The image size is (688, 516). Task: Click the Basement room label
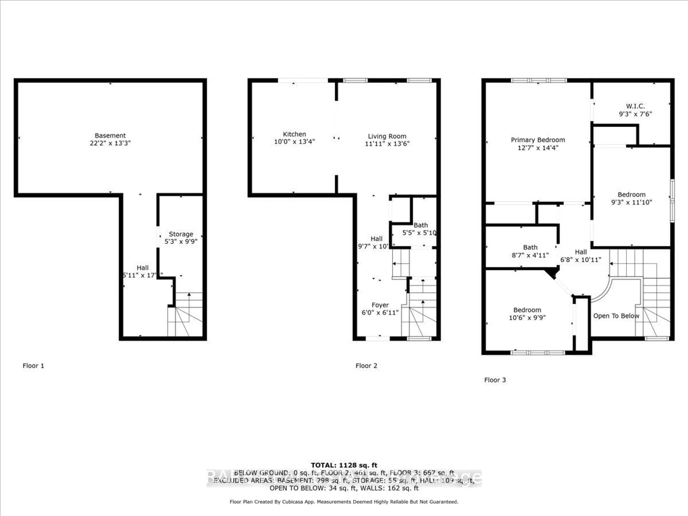pyautogui.click(x=110, y=136)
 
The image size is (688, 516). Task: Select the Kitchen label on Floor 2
pyautogui.click(x=294, y=134)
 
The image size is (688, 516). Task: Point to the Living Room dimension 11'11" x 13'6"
pyautogui.click(x=387, y=144)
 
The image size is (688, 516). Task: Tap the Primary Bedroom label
pyautogui.click(x=538, y=140)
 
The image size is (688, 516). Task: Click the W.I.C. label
pyautogui.click(x=635, y=106)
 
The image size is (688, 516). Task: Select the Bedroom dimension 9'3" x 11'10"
pyautogui.click(x=631, y=202)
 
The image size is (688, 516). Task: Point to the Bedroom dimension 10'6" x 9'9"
pyautogui.click(x=527, y=317)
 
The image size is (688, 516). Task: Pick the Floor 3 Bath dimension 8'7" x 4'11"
pyautogui.click(x=530, y=255)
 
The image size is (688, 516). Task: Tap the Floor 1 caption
pyautogui.click(x=33, y=366)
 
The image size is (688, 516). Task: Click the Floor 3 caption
pyautogui.click(x=495, y=380)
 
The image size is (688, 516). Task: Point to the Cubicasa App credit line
pyautogui.click(x=344, y=502)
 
